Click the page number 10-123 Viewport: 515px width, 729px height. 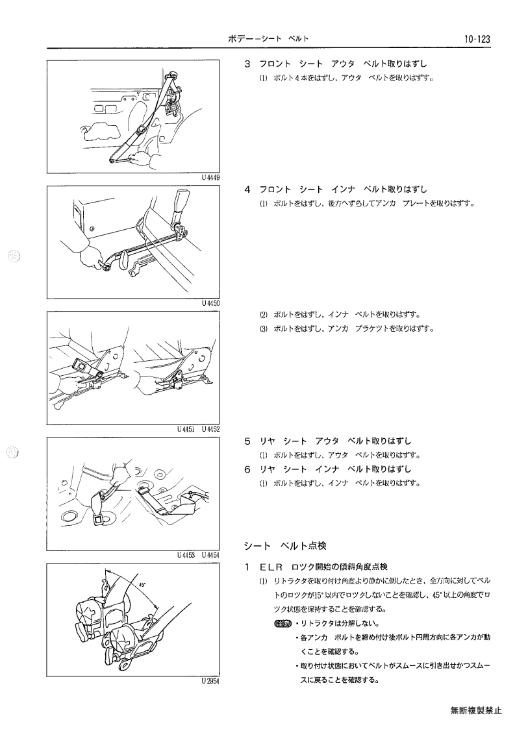point(477,39)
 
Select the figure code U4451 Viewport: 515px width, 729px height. point(186,429)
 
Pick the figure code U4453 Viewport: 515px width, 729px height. point(186,554)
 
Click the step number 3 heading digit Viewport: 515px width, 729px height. point(247,64)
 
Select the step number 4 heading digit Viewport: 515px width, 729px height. point(247,189)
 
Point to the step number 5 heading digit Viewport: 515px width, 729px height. point(247,441)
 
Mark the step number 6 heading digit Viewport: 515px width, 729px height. point(247,469)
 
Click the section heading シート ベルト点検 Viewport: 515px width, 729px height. point(285,545)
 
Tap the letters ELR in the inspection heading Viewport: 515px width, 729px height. point(271,567)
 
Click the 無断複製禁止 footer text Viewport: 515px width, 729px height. point(476,710)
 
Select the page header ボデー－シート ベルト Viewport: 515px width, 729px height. point(268,39)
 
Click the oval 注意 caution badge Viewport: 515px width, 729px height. point(283,623)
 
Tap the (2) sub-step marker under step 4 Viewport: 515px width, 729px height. point(264,315)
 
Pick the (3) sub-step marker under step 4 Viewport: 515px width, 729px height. point(264,328)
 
